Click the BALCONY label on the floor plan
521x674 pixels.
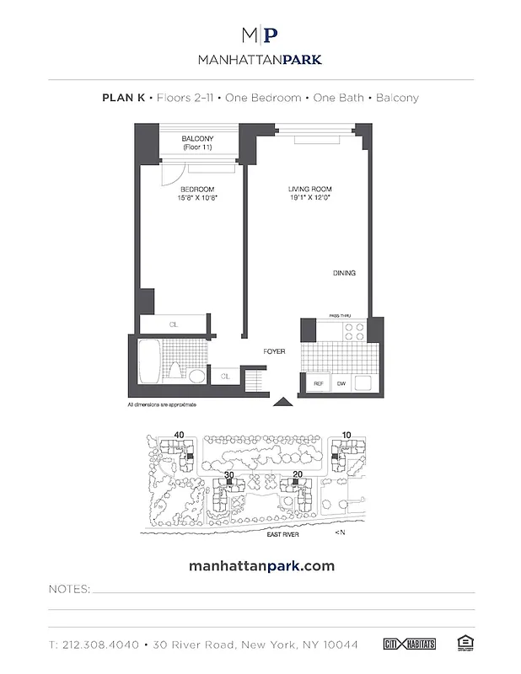(x=196, y=139)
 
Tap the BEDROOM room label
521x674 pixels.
(x=196, y=190)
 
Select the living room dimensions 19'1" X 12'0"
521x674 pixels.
(x=309, y=199)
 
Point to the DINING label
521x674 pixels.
(x=344, y=274)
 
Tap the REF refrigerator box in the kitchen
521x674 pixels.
(x=319, y=383)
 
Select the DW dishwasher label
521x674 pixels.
(x=341, y=383)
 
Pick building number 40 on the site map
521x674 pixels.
(x=179, y=435)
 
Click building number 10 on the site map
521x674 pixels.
(x=346, y=435)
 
